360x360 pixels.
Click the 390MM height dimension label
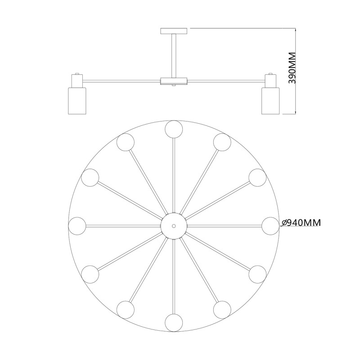tap(292, 68)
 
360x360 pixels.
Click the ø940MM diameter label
tap(301, 222)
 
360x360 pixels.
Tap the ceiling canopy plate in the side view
tap(174, 31)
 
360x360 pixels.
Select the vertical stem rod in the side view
tap(174, 56)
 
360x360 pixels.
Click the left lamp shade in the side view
tap(77, 100)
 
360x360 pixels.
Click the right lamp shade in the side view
tap(271, 100)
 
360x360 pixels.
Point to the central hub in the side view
tap(174, 81)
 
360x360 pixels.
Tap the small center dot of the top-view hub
tap(174, 226)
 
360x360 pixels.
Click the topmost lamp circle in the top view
tap(174, 129)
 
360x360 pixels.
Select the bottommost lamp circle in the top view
tap(174, 323)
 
